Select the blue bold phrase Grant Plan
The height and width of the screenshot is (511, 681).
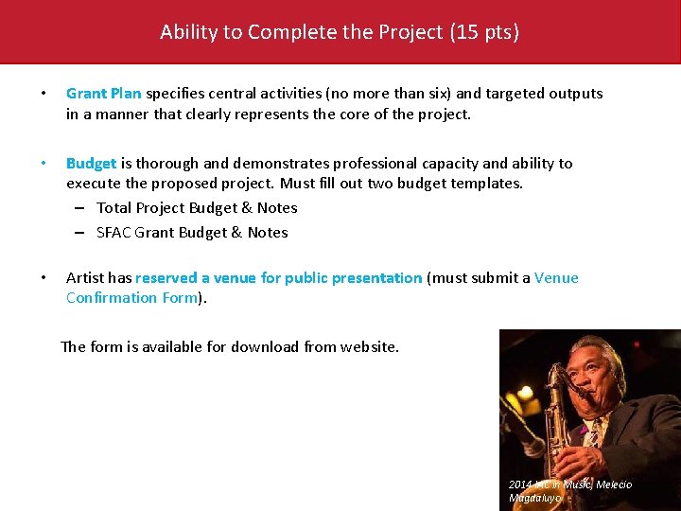[x=103, y=94]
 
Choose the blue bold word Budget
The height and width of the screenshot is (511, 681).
[x=91, y=164]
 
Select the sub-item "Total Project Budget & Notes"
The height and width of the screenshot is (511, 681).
[x=197, y=208]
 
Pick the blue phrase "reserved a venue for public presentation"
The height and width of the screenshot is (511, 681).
[x=278, y=278]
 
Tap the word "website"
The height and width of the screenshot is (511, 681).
[x=365, y=347]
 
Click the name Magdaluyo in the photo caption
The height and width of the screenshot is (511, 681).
[x=534, y=498]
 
